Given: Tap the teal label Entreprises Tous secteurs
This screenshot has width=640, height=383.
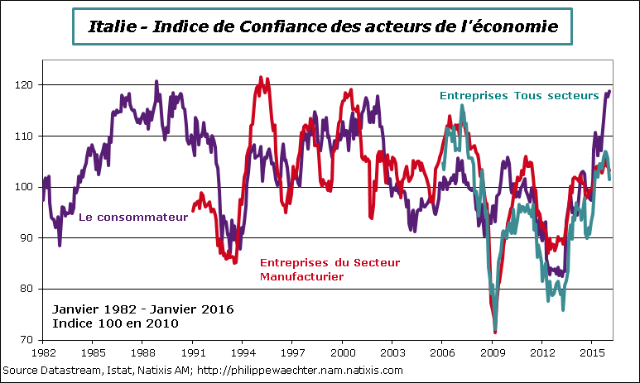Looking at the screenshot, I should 518,95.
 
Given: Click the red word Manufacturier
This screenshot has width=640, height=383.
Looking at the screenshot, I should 301,276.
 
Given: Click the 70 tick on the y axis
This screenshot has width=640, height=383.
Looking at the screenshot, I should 31,339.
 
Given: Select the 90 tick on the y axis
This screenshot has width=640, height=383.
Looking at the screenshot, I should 31,237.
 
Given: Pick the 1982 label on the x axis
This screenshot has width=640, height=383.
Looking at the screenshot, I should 43,351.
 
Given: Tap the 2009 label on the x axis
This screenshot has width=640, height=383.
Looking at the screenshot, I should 493,351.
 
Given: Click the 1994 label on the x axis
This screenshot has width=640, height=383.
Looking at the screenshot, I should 243,351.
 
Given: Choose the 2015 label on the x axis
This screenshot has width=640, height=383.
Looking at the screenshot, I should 591,351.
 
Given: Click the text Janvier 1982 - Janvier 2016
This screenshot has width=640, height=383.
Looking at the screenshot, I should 142,309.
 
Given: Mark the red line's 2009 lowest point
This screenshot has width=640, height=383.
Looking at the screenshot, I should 495,332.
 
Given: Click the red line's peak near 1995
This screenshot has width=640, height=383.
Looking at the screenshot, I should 261,78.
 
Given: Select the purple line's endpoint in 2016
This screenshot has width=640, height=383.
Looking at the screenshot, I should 610,91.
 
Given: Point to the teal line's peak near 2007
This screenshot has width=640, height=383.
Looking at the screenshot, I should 462,105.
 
